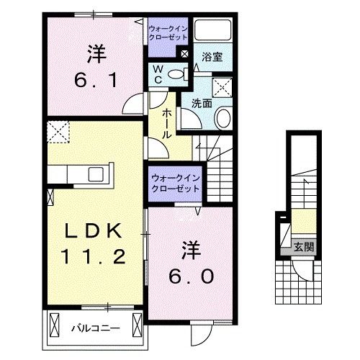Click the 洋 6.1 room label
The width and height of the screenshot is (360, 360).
click(x=93, y=66)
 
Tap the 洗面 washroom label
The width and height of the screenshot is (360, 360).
click(x=201, y=102)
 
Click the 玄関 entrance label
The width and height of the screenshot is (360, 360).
click(x=304, y=246)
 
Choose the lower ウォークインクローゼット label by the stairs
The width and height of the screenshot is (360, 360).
click(x=175, y=183)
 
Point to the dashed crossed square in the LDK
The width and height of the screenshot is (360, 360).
click(x=56, y=132)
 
